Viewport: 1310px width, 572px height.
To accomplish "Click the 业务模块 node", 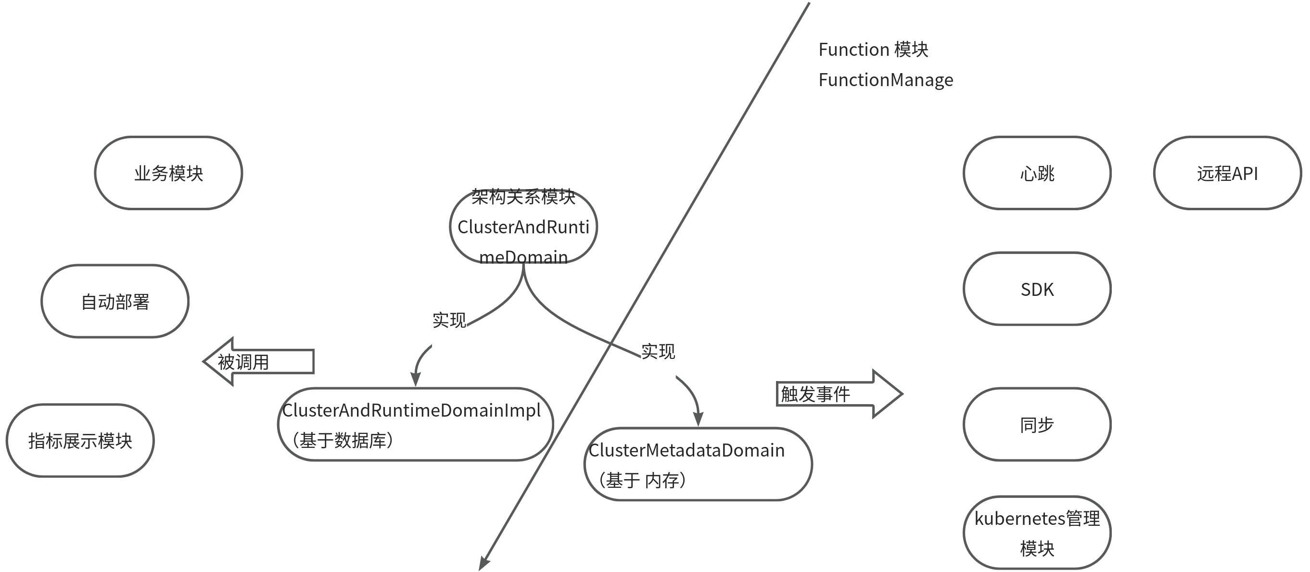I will [168, 173].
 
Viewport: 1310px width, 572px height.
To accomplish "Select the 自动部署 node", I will [115, 301].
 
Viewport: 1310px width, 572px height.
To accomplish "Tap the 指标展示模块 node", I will [80, 440].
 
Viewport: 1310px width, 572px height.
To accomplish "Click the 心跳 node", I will [1037, 173].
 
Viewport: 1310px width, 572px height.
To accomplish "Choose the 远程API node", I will [1227, 173].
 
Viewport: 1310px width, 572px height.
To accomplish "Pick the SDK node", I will [1037, 289].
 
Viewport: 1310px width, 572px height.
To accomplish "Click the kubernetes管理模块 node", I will [1037, 533].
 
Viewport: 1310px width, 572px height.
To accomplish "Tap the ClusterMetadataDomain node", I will [698, 464].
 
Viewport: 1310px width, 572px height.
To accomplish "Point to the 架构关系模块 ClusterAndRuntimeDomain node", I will [523, 226].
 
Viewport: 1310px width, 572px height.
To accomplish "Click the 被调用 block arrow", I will [258, 361].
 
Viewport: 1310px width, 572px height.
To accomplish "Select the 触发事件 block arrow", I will [839, 394].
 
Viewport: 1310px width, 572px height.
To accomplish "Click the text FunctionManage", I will [885, 80].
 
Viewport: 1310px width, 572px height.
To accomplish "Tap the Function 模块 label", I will [873, 50].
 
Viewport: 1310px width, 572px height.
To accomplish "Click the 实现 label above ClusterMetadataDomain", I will [658, 351].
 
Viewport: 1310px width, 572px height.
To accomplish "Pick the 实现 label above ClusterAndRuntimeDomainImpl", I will [449, 320].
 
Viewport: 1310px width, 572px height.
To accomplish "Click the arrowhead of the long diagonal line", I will [483, 563].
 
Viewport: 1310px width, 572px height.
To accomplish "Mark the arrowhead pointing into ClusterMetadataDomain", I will [698, 419].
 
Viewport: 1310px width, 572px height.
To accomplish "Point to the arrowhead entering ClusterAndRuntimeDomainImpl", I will [416, 379].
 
